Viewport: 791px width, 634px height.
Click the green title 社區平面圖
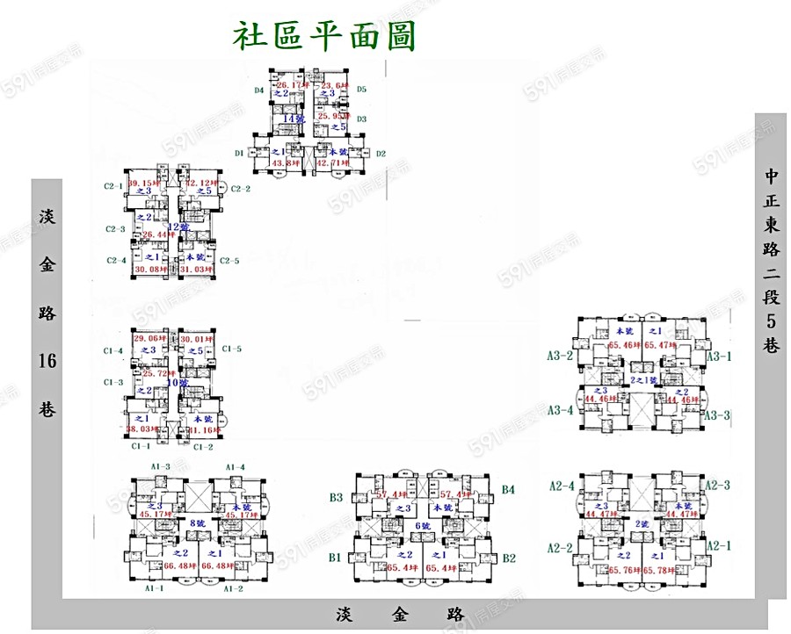click(323, 37)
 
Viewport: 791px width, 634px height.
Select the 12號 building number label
click(178, 227)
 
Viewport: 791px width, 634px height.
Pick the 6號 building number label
click(423, 525)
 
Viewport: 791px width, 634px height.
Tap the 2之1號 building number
click(643, 379)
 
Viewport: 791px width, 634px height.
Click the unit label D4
click(259, 90)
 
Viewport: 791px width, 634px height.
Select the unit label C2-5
click(229, 260)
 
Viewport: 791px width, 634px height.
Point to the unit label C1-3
click(113, 382)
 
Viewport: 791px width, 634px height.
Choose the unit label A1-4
click(235, 466)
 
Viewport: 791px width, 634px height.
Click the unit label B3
click(336, 498)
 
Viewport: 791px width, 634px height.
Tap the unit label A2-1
click(720, 545)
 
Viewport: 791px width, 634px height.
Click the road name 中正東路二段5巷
click(771, 260)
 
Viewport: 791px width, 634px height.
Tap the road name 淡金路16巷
click(47, 312)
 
